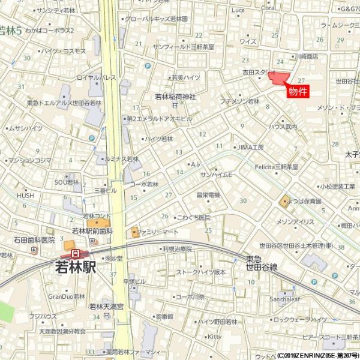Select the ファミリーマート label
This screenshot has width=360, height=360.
pos(157,232)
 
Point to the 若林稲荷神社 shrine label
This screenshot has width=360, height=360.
pos(175,96)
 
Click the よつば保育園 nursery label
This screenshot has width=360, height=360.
pos(307,202)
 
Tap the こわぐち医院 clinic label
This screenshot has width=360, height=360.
pos(193,217)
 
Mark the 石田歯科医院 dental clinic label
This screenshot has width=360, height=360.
pos(34,240)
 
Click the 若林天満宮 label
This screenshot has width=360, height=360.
pos(106,307)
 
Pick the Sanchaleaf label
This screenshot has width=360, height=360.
pos(285,298)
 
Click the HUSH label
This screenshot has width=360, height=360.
pos(25,195)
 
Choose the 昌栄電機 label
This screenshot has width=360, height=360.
pos(208,194)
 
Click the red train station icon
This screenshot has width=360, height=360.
pos(75,254)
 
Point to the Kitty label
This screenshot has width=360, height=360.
pos(214,337)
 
